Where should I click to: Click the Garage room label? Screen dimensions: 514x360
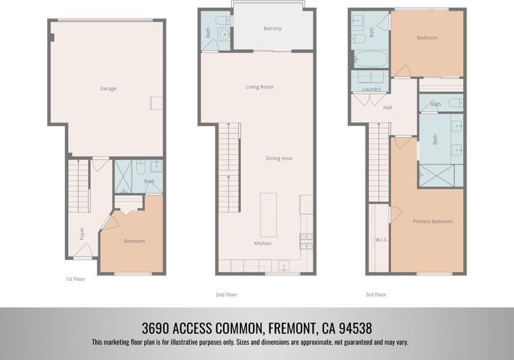pos(108,89)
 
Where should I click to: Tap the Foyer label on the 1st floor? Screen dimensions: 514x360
pos(82,233)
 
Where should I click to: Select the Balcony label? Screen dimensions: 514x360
pos(272,28)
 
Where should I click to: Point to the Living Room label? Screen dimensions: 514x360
pos(260,87)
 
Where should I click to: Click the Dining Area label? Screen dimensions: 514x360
pos(279,158)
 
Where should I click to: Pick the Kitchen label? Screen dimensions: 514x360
pos(263,243)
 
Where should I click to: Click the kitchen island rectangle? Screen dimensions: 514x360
pos(269,215)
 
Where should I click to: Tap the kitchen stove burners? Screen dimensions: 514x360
pos(306,241)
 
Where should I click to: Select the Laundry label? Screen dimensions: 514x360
pos(371,89)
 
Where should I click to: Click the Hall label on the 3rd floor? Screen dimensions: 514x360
pos(387,107)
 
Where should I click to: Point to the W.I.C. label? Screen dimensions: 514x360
pos(382,240)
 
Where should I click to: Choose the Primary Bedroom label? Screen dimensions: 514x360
pos(432,221)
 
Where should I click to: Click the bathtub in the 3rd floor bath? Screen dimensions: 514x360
pos(371,59)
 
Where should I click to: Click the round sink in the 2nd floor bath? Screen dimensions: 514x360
pos(224,34)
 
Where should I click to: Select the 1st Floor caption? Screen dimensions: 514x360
pos(75,279)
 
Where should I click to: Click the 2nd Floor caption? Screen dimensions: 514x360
pos(226,295)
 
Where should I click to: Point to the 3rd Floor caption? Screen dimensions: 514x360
pos(376,295)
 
